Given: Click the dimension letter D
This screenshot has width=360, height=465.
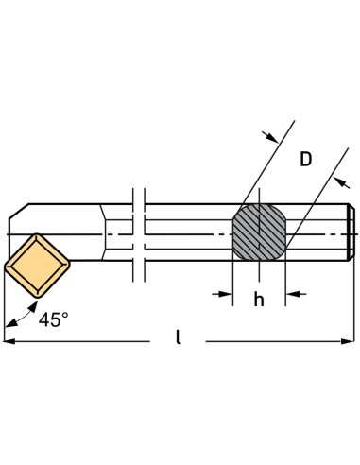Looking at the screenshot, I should tap(305, 160).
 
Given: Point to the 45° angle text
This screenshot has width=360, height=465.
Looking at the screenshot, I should tap(53, 319).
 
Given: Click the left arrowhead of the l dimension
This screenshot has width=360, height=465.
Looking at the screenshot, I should tap(10, 340).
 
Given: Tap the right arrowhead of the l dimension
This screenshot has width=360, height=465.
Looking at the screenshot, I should tap(349, 340).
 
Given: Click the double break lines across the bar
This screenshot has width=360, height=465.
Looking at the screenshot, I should tap(138, 232).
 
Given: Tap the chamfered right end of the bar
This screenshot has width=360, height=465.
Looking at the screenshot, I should tap(351, 232).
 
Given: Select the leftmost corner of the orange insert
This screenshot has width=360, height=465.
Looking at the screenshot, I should tap(5, 266).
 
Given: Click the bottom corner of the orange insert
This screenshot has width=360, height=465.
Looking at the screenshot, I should tap(34, 295).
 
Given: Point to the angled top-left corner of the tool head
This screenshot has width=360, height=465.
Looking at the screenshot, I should tap(18, 213).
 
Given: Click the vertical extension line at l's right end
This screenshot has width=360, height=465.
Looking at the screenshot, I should tap(354, 302).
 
